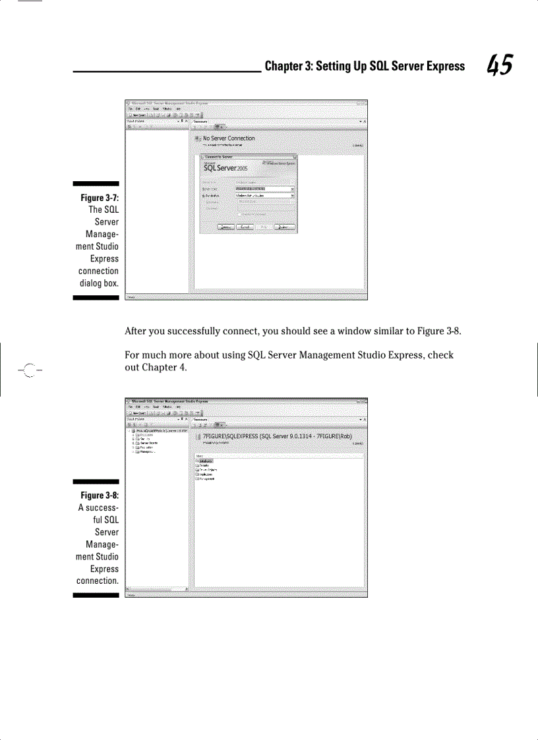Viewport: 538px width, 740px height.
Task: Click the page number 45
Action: pos(499,66)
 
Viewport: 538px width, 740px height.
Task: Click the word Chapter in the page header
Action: pos(283,66)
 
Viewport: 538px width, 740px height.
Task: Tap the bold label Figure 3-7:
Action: pos(100,198)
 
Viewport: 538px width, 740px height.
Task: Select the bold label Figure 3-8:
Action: pos(100,496)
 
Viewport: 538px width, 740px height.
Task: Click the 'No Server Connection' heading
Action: pos(228,138)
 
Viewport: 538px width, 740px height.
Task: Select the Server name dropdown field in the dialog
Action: pos(265,188)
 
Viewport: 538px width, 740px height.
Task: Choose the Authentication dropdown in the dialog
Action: pos(265,196)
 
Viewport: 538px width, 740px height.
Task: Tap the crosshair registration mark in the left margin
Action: pos(29,370)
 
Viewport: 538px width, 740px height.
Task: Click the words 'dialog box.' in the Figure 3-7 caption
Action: pos(99,283)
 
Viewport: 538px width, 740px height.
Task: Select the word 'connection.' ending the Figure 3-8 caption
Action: pos(98,581)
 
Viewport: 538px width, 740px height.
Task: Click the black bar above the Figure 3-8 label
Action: pos(96,482)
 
